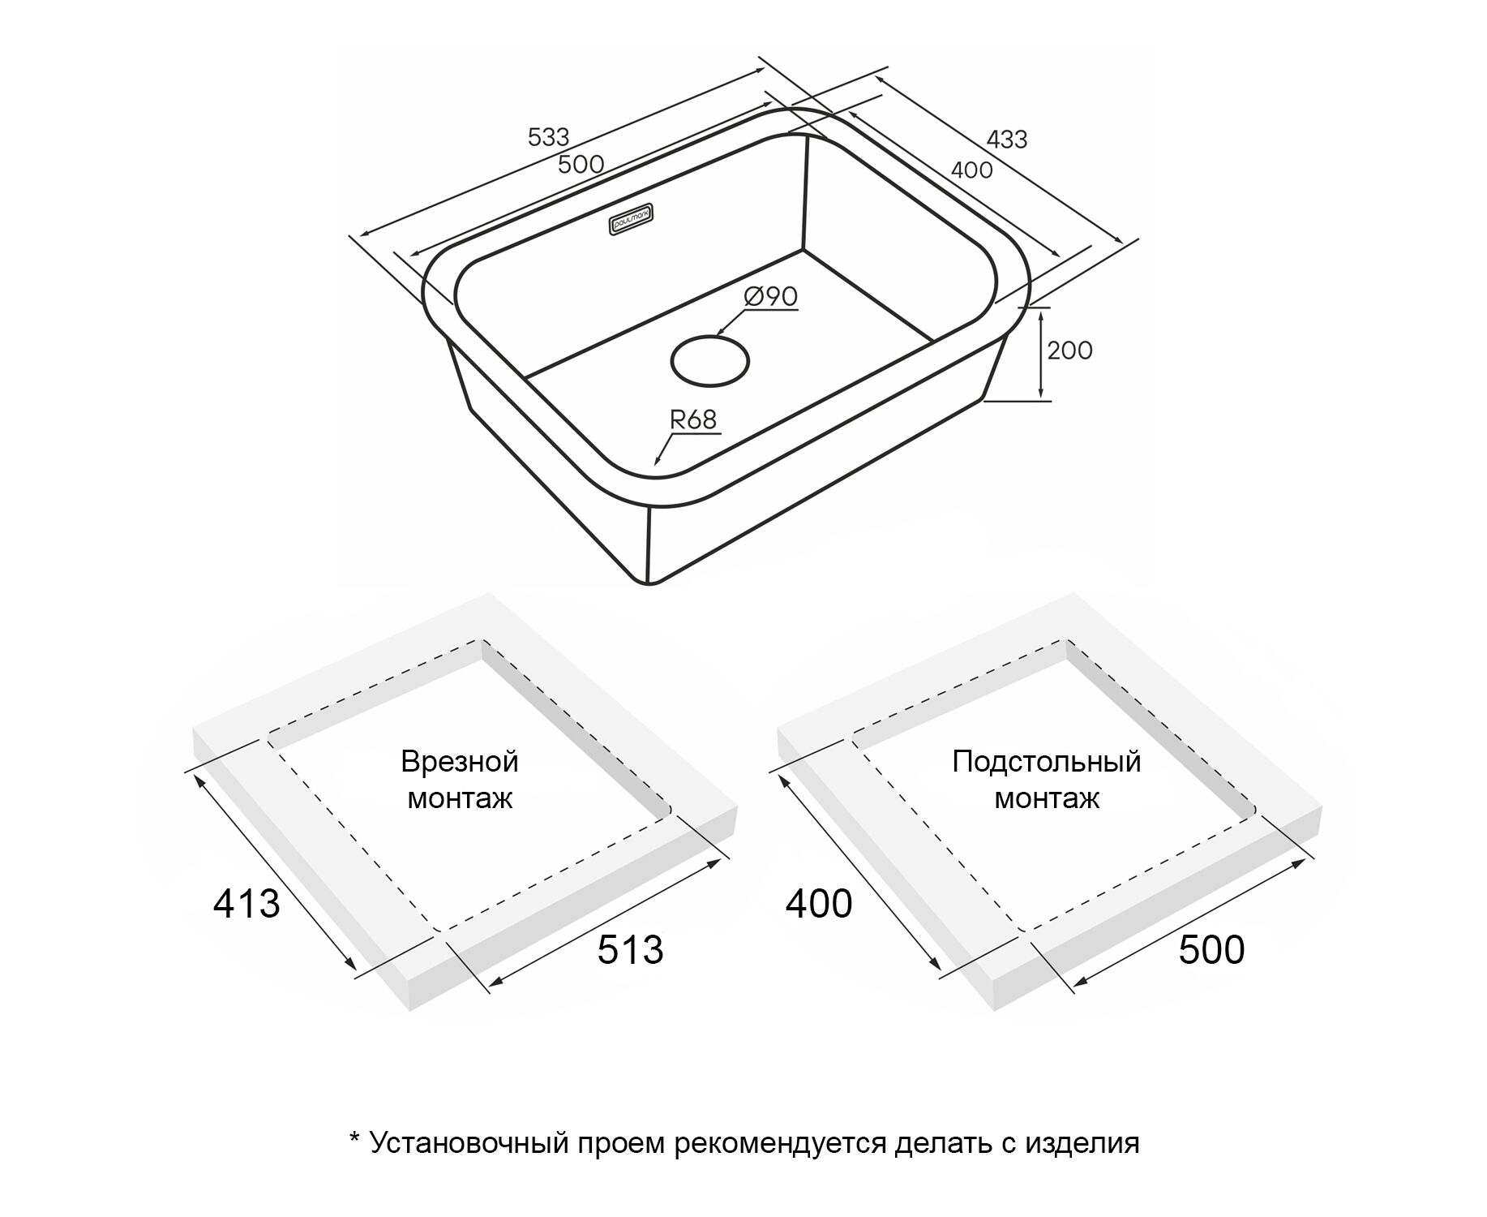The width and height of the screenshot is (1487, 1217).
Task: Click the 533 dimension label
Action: [x=549, y=137]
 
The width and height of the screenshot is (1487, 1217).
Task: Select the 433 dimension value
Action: [x=1007, y=140]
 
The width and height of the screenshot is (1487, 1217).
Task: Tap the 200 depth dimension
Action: [x=1069, y=350]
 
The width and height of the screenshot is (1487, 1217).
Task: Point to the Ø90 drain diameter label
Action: [x=771, y=297]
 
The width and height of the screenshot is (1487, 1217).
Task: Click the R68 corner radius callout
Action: [x=693, y=419]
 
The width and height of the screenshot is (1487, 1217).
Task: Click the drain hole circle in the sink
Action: [x=710, y=360]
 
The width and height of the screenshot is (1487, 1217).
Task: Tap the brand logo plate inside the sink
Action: [x=632, y=221]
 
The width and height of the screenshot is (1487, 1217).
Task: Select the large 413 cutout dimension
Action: [x=246, y=903]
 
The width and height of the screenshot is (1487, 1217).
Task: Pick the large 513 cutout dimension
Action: [x=630, y=949]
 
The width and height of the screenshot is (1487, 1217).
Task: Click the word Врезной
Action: [x=460, y=762]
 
